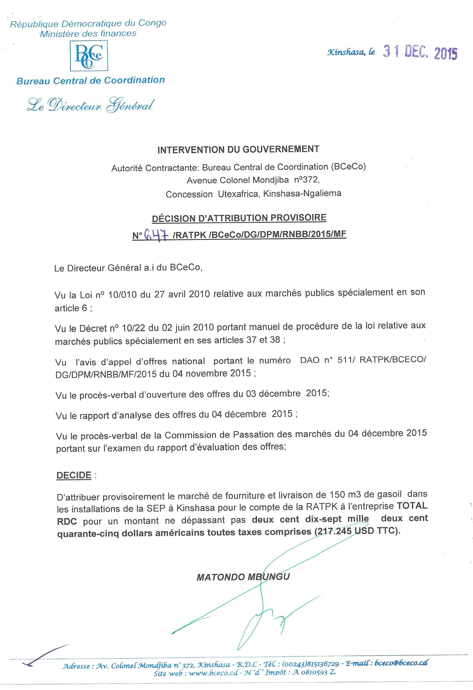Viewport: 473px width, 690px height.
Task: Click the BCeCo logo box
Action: click(89, 56)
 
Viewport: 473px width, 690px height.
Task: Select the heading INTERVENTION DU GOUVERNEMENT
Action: click(238, 149)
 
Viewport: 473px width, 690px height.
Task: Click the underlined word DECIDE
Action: click(74, 475)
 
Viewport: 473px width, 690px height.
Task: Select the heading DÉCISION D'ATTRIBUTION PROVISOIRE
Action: click(239, 218)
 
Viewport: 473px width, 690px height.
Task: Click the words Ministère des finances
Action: click(88, 33)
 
